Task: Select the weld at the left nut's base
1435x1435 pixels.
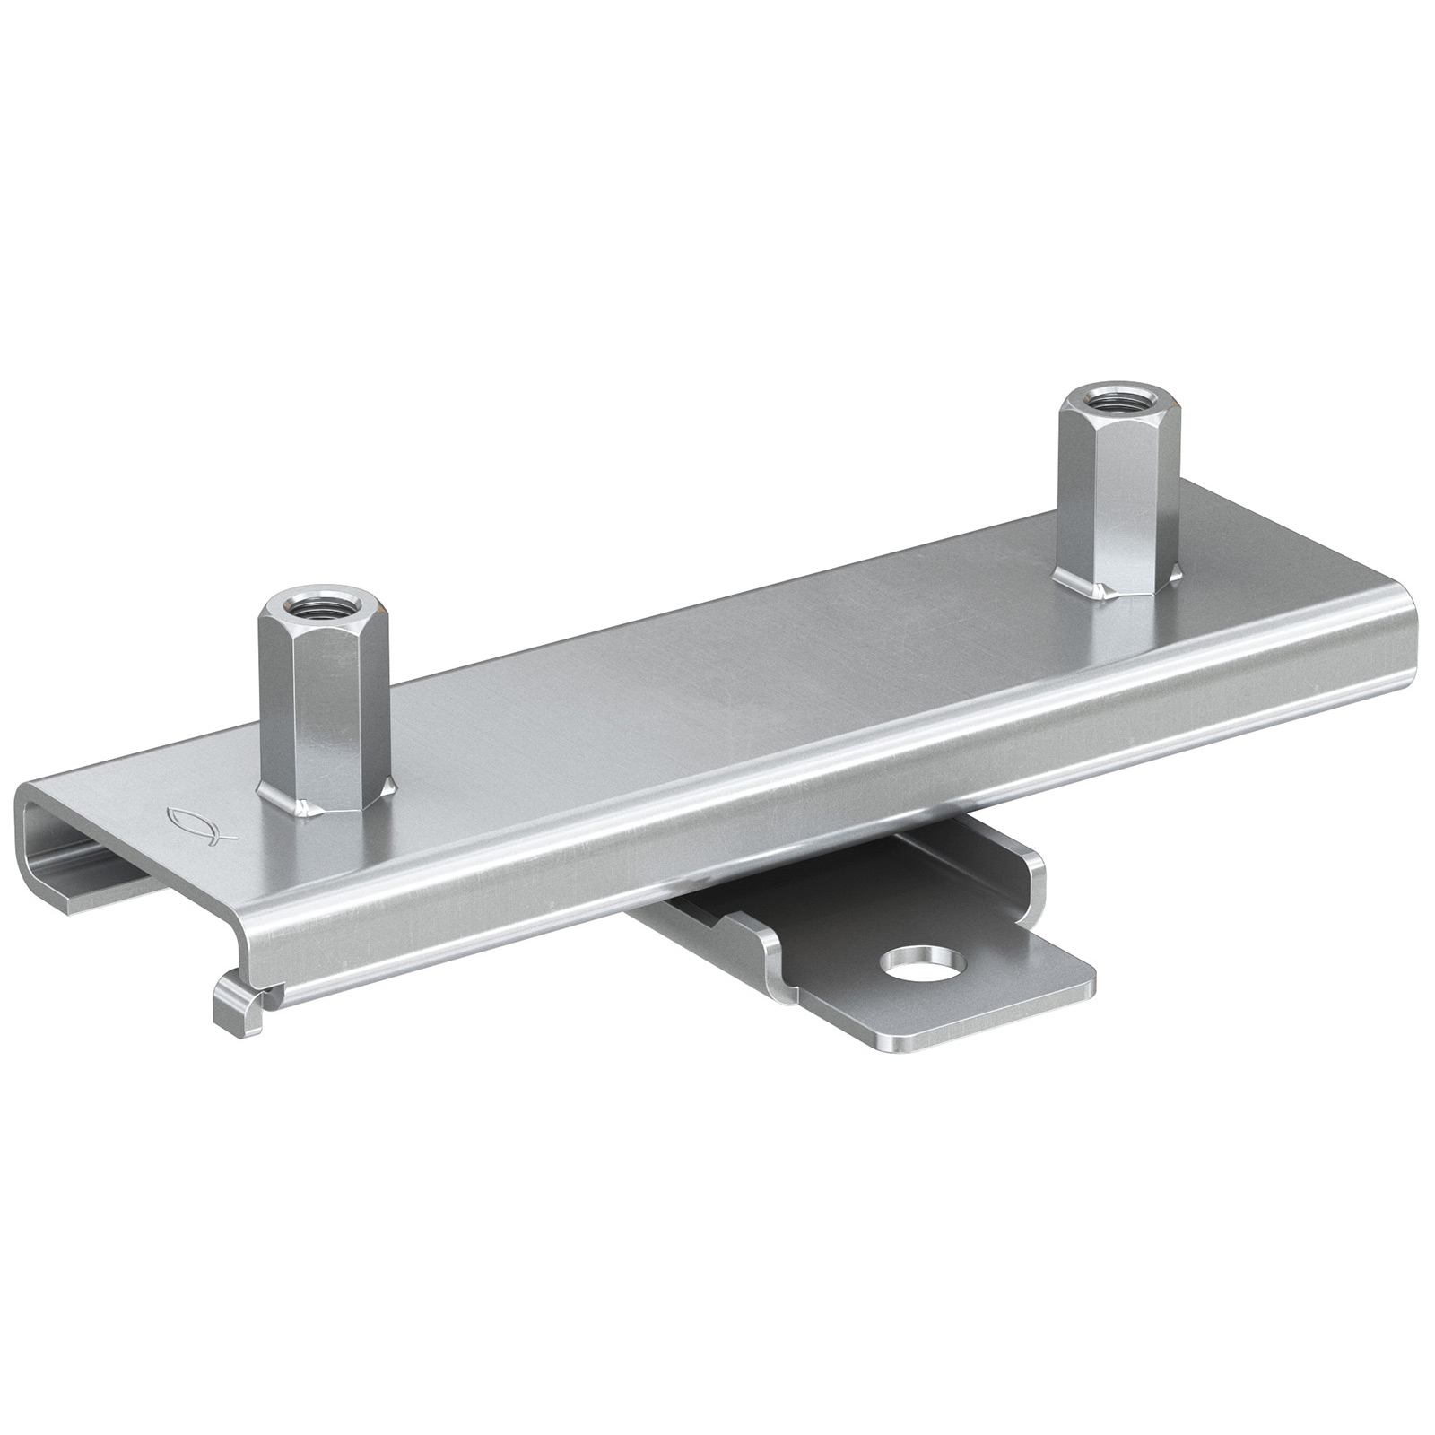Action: click(309, 807)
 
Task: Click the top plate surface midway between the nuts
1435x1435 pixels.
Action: click(717, 664)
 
